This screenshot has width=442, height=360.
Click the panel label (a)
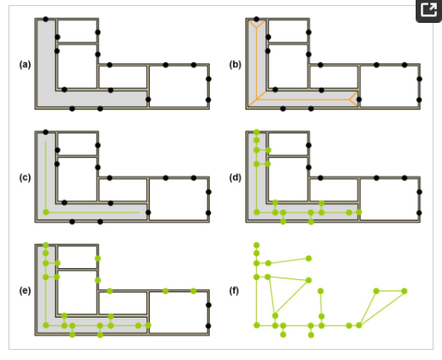25,65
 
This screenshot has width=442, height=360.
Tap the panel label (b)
235,65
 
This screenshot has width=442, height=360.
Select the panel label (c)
25,177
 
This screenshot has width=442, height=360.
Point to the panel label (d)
235,177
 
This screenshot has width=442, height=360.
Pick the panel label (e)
25,290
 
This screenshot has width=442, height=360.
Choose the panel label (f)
234,290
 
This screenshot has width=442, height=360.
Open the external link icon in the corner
429,10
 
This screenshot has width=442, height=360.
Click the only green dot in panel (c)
46,212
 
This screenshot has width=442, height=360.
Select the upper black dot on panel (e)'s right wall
208,305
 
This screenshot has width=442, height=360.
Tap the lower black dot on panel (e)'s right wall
208,326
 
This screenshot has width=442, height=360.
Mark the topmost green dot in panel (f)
257,245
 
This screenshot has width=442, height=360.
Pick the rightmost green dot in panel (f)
405,291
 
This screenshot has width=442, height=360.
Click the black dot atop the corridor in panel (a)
46,19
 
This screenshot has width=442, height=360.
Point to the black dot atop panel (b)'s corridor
257,19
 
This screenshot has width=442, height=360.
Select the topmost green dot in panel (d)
257,132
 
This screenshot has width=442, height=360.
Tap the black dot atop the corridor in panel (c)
46,132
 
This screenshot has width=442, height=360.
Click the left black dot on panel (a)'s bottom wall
72,109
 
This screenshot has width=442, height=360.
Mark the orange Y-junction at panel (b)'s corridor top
257,27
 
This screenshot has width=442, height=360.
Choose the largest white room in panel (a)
178,87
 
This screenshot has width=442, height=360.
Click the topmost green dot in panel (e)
46,245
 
